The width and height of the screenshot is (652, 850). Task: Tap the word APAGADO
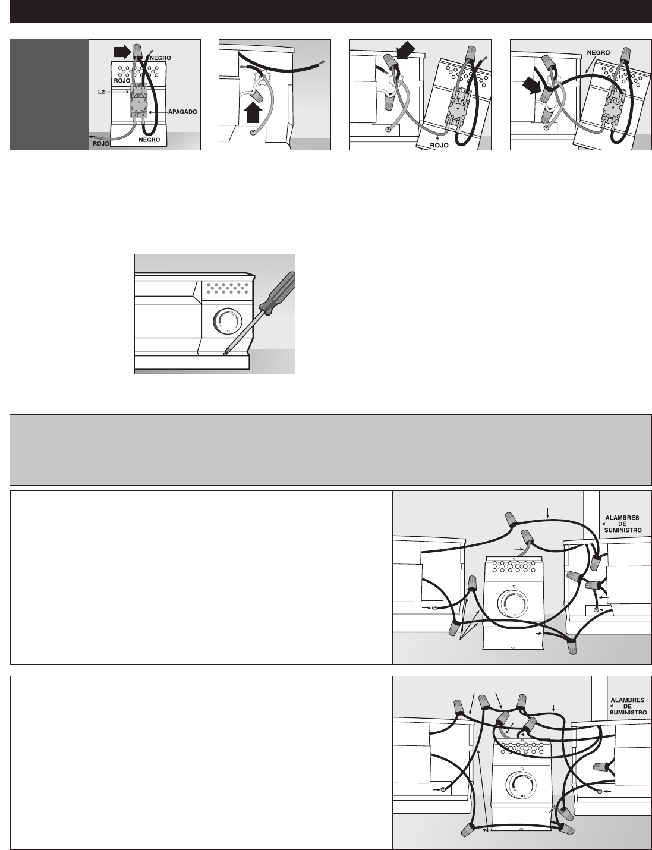[x=182, y=112]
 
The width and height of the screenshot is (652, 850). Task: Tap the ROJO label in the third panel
[x=439, y=146]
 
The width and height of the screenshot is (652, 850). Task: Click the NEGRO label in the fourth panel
[x=598, y=53]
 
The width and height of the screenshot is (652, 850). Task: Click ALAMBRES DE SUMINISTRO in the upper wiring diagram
[x=623, y=524]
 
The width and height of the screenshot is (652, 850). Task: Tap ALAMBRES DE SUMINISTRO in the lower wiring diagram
[x=628, y=706]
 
